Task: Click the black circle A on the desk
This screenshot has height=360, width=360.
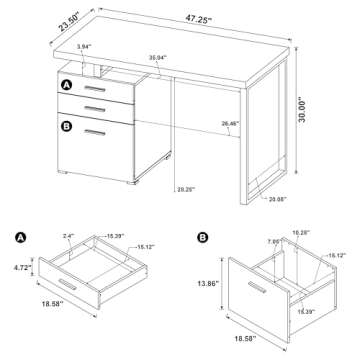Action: (x=66, y=87)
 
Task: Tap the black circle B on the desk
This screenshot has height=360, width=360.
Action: (x=66, y=126)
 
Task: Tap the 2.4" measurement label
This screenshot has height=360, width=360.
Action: (x=69, y=236)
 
